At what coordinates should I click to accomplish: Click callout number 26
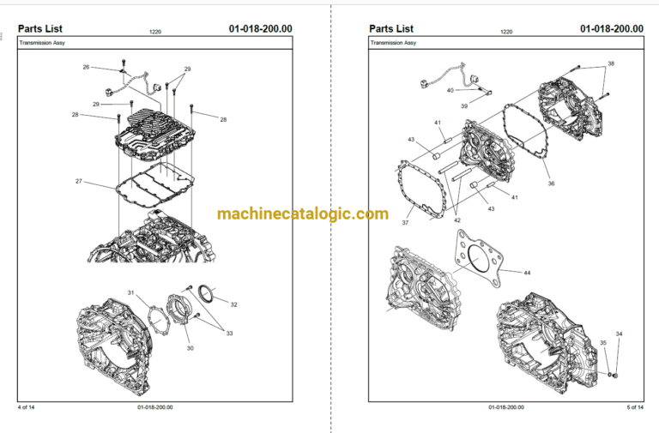click(x=86, y=67)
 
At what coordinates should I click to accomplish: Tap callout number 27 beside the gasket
click(x=79, y=182)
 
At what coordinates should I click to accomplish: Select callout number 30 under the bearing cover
click(x=190, y=348)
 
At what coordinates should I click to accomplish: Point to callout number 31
click(x=130, y=292)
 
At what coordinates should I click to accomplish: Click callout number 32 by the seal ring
click(x=233, y=304)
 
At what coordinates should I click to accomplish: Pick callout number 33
click(x=229, y=334)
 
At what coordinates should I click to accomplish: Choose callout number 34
click(x=619, y=334)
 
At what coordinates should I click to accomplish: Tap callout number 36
click(x=552, y=183)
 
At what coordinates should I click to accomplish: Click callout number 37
click(x=405, y=223)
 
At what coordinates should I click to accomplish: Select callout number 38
click(x=611, y=63)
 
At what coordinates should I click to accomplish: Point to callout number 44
click(x=527, y=273)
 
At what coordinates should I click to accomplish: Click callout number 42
click(x=457, y=220)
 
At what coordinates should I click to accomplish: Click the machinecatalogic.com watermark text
click(x=303, y=213)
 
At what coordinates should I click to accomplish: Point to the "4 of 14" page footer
click(x=26, y=407)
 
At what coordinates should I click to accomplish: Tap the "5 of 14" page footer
click(x=635, y=407)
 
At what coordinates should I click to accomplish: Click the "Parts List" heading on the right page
click(x=391, y=28)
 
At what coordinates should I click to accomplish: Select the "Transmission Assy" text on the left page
click(x=42, y=43)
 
